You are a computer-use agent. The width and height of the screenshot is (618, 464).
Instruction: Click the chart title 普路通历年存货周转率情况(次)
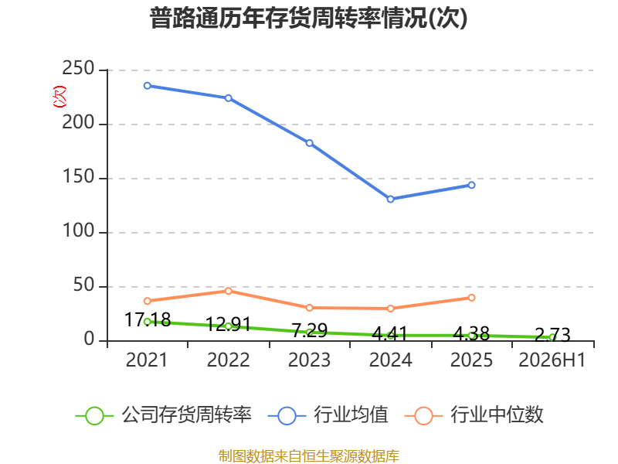click(308, 18)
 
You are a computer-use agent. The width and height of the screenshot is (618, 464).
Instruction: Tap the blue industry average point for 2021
click(148, 86)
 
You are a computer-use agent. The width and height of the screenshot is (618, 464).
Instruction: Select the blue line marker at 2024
click(391, 200)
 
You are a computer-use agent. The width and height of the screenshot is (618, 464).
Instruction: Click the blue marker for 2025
click(472, 185)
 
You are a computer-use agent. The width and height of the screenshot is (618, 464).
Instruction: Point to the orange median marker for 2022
click(229, 291)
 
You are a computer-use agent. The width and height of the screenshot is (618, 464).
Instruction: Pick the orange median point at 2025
click(472, 298)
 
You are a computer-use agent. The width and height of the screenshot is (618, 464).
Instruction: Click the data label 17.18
click(148, 319)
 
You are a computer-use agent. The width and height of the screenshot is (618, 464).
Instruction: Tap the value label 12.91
click(229, 324)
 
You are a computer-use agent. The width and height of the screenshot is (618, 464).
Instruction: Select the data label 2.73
click(552, 336)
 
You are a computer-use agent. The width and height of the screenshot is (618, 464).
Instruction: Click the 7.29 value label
click(310, 330)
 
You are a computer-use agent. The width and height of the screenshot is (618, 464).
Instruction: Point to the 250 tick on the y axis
click(78, 68)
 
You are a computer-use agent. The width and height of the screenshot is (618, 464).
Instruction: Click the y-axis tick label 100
click(78, 230)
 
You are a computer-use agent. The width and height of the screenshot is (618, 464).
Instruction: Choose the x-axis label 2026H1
click(552, 360)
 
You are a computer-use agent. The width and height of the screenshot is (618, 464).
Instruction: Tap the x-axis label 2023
click(310, 360)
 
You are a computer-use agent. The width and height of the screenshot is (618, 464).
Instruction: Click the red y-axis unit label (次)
click(59, 97)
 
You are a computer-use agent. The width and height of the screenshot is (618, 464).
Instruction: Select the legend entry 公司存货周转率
click(164, 415)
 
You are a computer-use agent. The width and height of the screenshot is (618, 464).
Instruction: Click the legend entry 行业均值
click(328, 415)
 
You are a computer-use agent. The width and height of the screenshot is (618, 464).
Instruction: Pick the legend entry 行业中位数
click(474, 415)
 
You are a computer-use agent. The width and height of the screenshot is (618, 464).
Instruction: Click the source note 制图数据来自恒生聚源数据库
click(309, 456)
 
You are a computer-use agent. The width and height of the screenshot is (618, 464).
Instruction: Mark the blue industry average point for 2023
click(310, 143)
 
